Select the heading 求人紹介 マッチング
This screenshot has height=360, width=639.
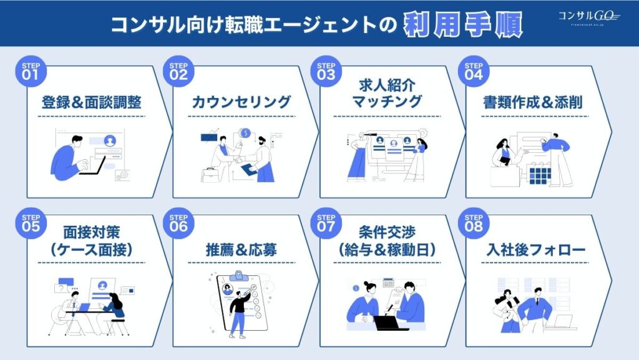pyautogui.click(x=387, y=94)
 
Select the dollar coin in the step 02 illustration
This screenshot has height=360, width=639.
pyautogui.click(x=246, y=133)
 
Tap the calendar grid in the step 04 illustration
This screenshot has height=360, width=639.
pyautogui.click(x=538, y=175)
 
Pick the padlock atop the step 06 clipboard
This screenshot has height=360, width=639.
pyautogui.click(x=237, y=275)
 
